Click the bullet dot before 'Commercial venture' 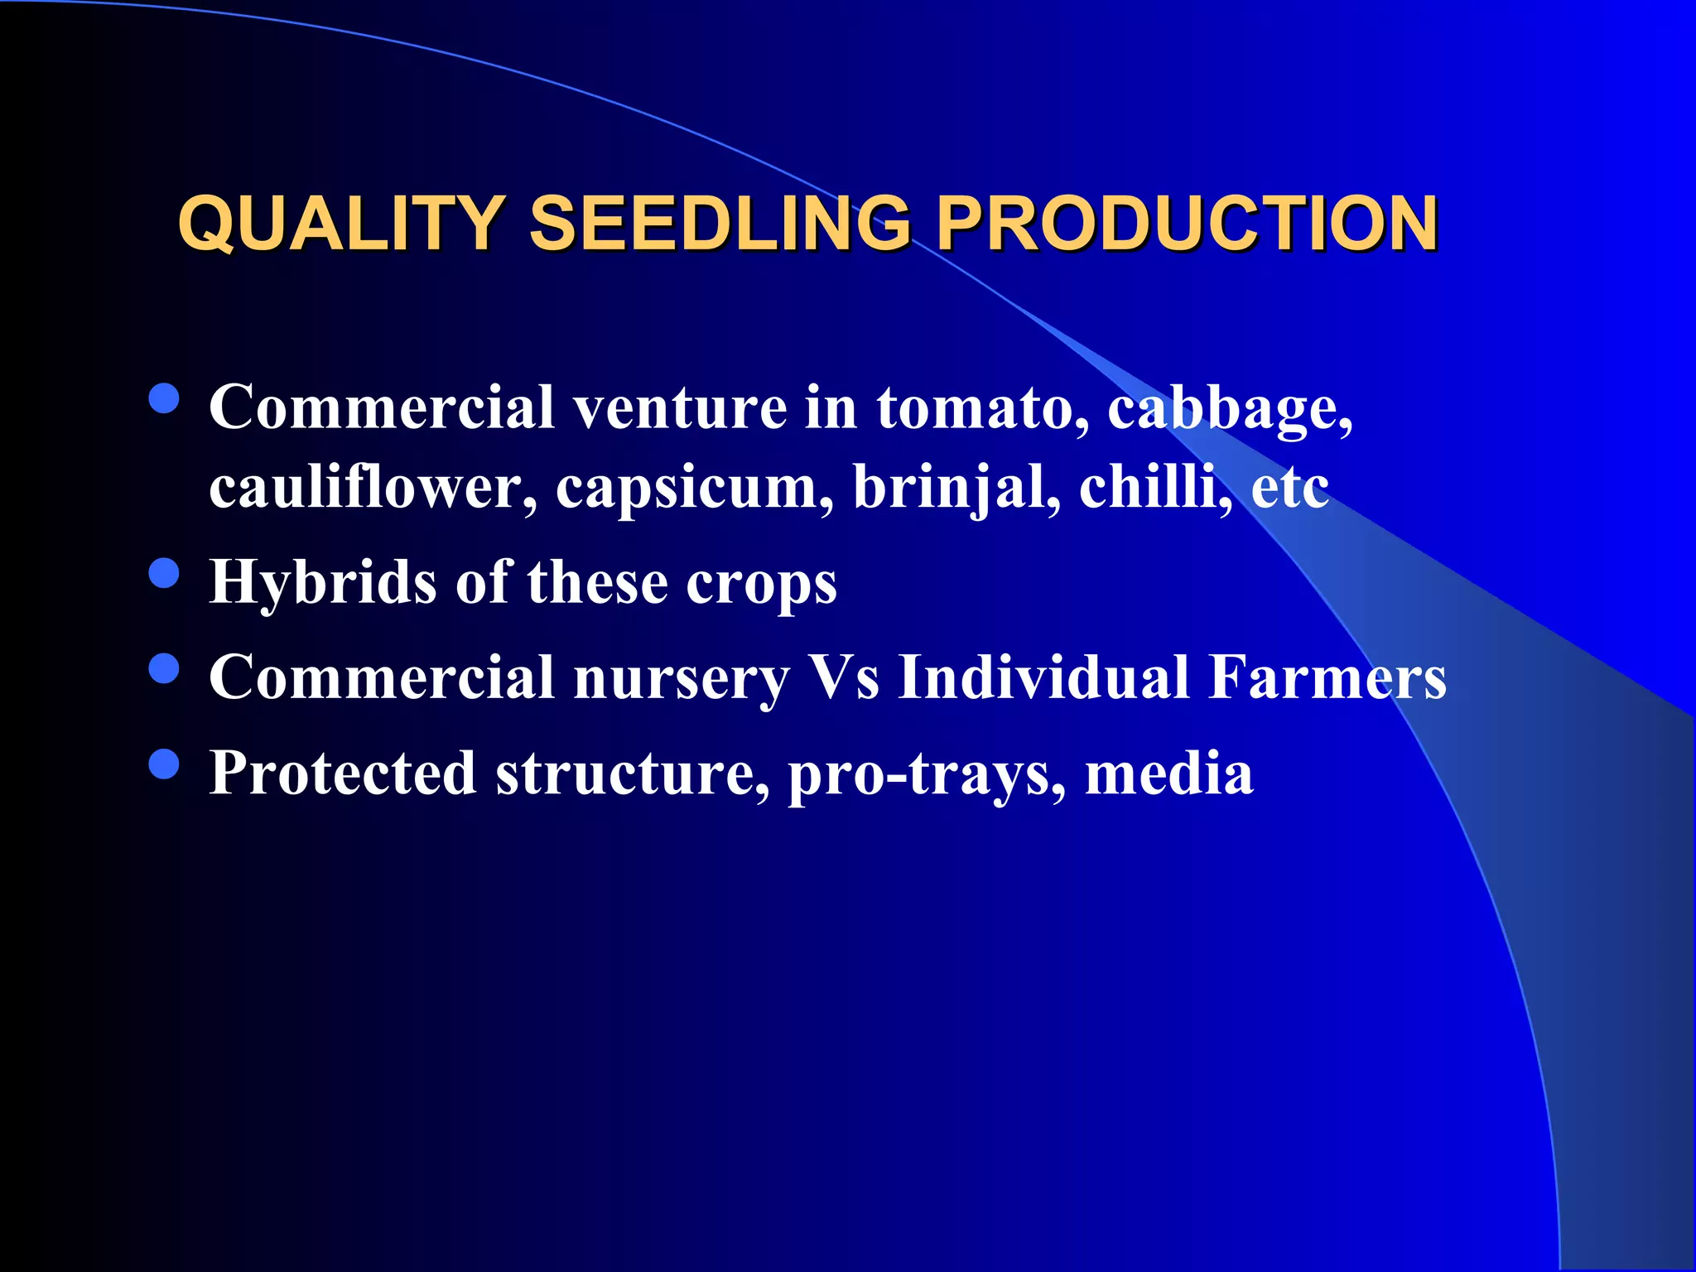point(165,398)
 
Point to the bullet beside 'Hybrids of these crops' point(165,573)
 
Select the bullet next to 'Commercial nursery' point(165,668)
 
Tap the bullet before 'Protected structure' point(165,764)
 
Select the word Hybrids point(322,582)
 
